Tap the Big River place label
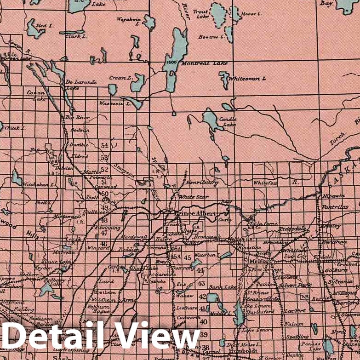pos(77,118)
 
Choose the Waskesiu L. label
pos(114,103)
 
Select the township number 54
pos(104,145)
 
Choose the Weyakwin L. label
pos(128,20)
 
